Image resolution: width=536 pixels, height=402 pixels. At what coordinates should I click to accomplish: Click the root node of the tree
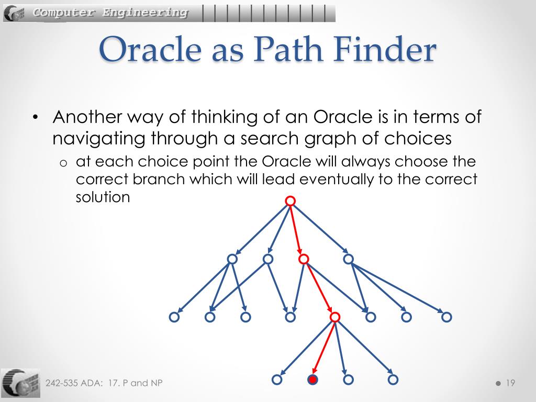click(291, 201)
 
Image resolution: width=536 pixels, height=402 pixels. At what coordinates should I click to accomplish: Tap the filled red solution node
click(313, 379)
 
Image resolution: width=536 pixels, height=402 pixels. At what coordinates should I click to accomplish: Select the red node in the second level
click(304, 259)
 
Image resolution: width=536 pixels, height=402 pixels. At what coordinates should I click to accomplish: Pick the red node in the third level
click(336, 317)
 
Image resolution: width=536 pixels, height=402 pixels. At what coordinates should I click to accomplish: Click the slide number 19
click(510, 383)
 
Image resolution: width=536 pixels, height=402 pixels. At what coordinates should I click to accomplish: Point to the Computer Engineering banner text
click(110, 13)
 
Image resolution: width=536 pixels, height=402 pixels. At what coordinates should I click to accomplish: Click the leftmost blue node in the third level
click(174, 317)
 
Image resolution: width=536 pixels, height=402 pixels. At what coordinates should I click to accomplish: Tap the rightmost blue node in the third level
click(446, 317)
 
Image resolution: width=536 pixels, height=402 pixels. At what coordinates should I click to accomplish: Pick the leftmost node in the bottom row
click(277, 379)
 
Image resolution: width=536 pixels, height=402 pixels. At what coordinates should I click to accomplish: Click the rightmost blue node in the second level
click(348, 259)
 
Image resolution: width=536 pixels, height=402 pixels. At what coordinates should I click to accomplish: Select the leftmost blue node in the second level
click(232, 259)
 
